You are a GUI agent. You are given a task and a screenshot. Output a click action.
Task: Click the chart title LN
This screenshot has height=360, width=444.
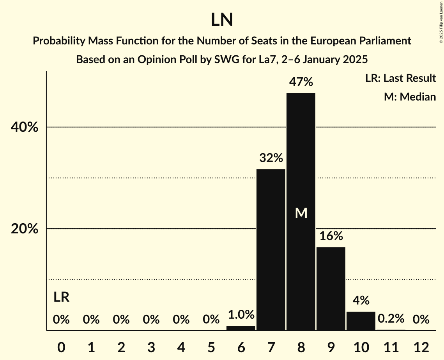(x=222, y=20)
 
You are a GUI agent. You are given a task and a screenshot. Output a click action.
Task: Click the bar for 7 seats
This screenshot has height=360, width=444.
(x=271, y=249)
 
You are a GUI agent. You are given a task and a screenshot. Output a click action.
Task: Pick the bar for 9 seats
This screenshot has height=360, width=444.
(x=331, y=288)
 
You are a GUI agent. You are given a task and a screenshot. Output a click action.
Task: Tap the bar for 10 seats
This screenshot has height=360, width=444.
(x=361, y=321)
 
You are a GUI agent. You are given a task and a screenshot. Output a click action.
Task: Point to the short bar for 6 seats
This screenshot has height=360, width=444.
(x=241, y=328)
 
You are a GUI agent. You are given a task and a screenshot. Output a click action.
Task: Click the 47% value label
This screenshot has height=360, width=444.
(x=301, y=82)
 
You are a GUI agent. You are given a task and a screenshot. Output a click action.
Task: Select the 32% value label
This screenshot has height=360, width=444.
(x=271, y=158)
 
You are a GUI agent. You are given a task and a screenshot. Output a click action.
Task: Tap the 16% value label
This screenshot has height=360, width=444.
(x=331, y=236)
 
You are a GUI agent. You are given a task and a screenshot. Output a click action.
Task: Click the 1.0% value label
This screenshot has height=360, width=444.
(x=241, y=314)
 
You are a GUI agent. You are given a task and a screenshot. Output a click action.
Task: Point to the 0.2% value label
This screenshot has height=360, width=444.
(x=391, y=319)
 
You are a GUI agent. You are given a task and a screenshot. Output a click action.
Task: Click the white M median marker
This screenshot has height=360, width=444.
(x=301, y=213)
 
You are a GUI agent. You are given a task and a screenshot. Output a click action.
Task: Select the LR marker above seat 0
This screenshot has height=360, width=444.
(x=61, y=298)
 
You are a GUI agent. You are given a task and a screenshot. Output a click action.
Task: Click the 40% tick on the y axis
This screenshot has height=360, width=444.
(x=25, y=127)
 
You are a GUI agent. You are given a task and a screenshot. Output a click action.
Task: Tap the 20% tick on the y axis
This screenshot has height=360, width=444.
(x=25, y=229)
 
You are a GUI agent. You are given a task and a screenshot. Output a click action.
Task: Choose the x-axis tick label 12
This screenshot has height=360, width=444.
(x=421, y=347)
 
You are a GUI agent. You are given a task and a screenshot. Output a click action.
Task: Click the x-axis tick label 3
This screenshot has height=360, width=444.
(x=151, y=347)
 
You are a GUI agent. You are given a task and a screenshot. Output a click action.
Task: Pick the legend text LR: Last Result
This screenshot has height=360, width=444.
(x=400, y=78)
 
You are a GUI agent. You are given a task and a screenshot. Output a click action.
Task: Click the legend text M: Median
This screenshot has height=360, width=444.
(x=410, y=97)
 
